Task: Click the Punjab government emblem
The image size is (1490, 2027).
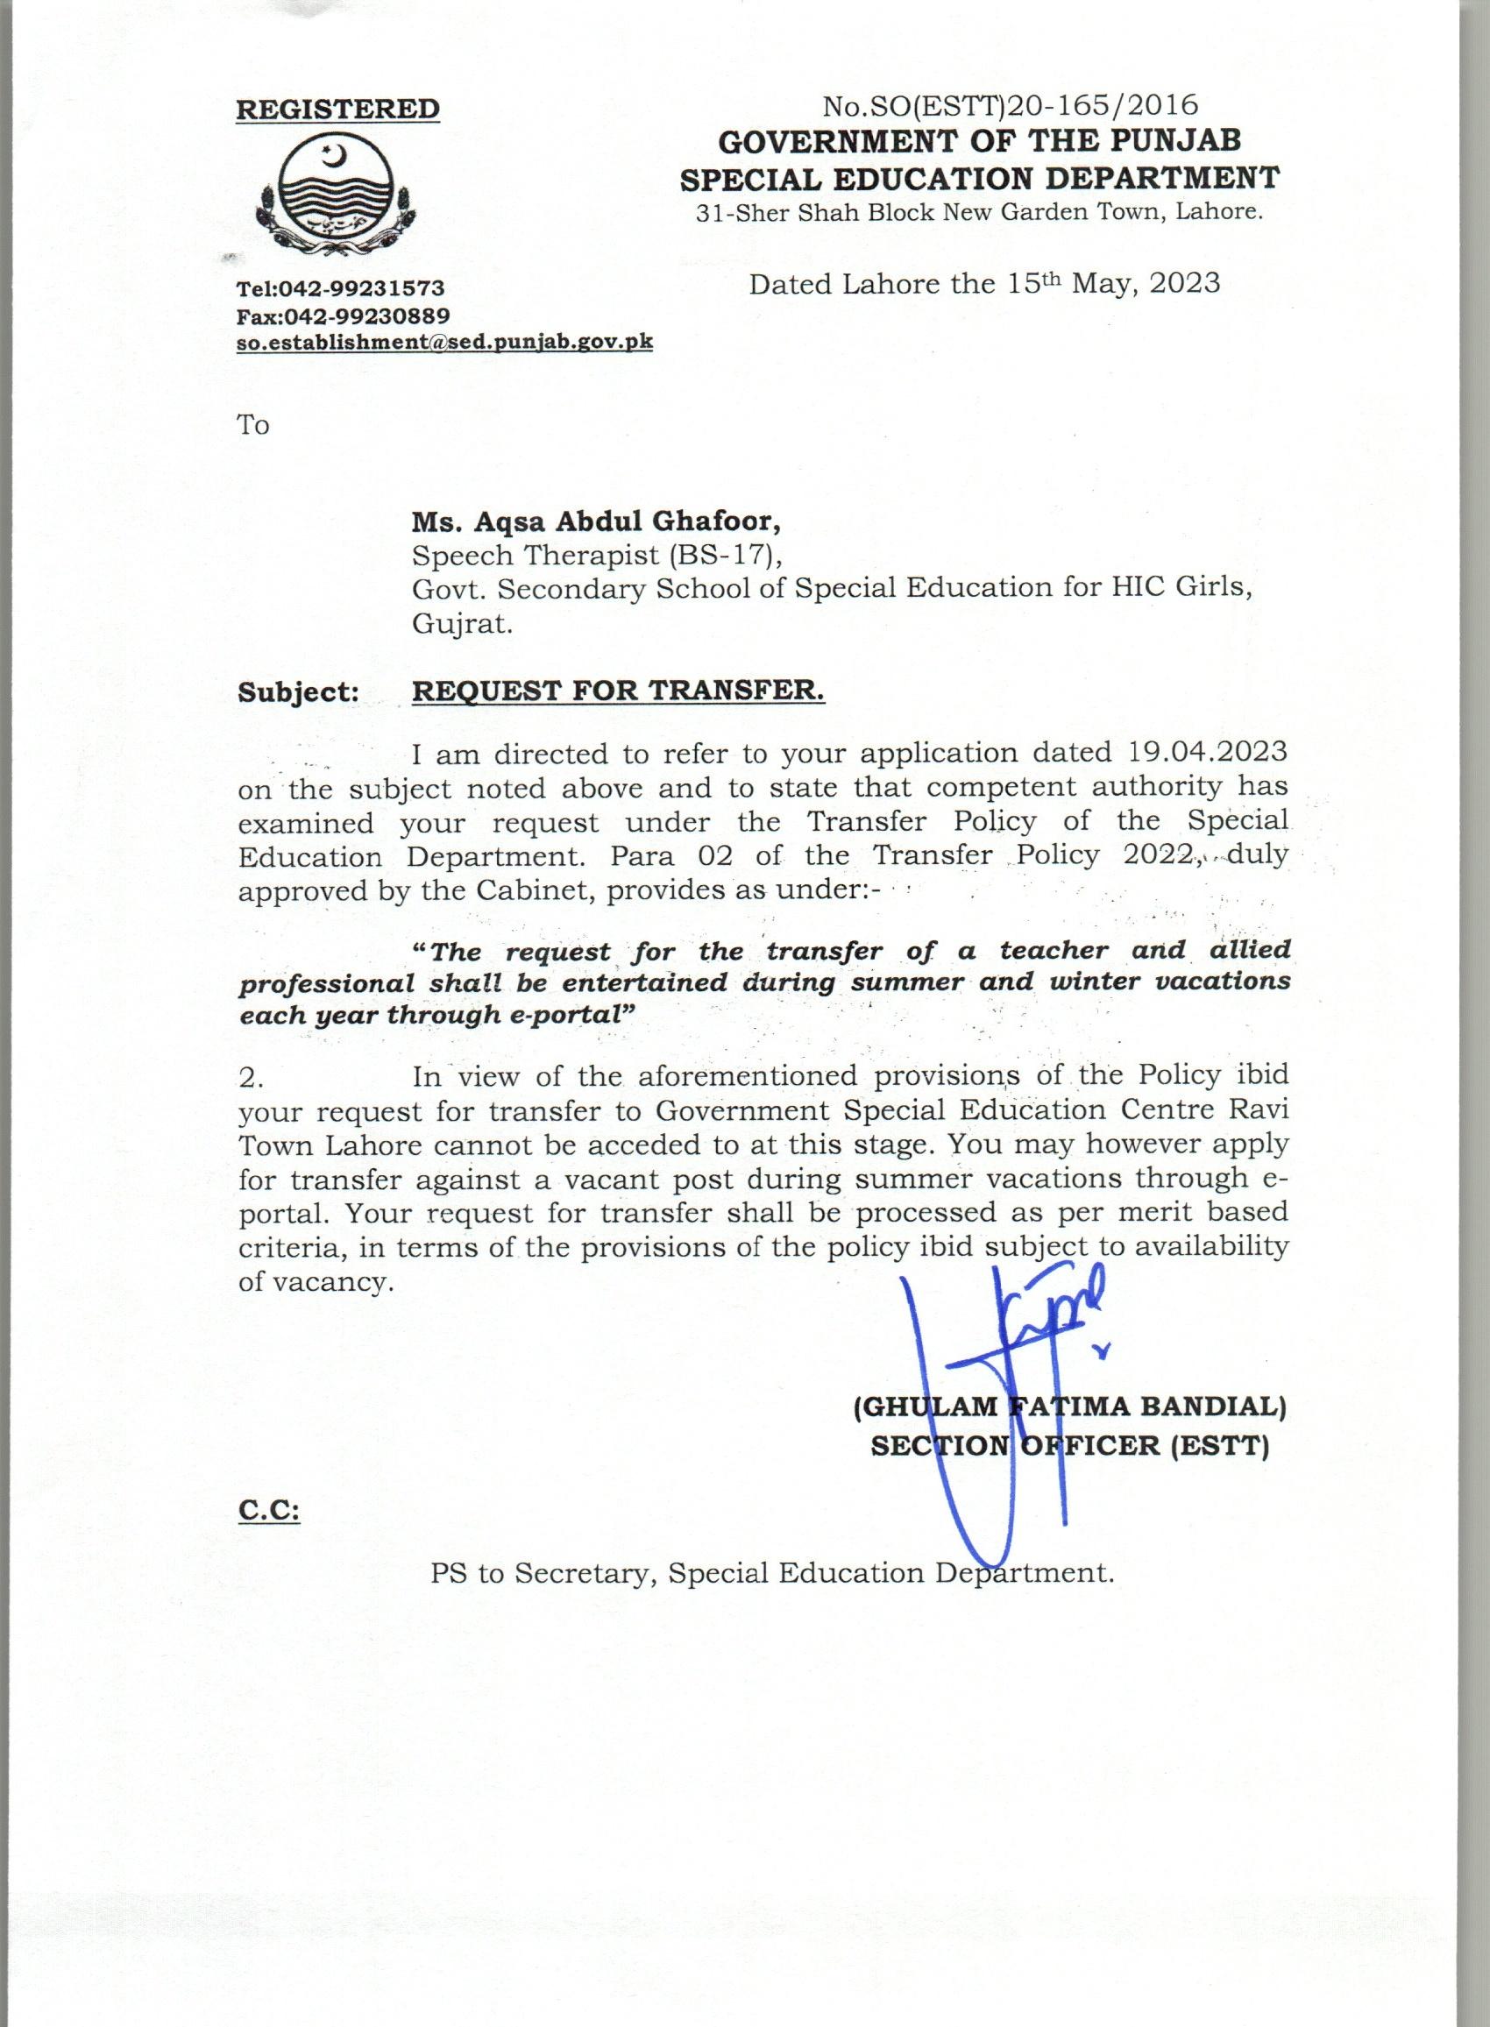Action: pos(334,195)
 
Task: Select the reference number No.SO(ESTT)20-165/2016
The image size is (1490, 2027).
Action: pos(1011,105)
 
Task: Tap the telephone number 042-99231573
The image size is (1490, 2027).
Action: pos(362,288)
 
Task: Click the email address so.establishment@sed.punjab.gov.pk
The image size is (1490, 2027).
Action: pos(444,343)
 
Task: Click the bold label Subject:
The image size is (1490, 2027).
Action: pos(299,692)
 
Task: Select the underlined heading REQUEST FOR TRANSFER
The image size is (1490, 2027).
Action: pos(618,691)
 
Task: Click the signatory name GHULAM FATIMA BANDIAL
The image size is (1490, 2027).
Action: pos(1069,1407)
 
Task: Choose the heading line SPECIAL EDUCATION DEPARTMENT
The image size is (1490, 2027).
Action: pos(980,179)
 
